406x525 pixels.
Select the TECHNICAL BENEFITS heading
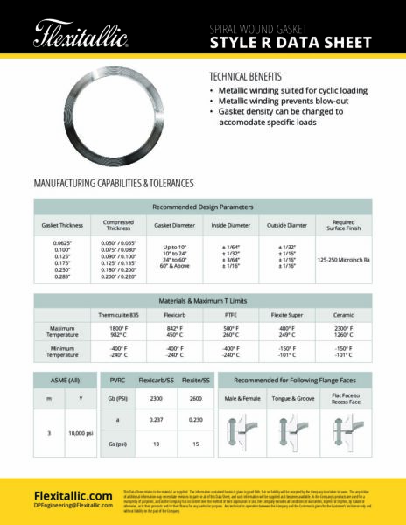pyautogui.click(x=251, y=76)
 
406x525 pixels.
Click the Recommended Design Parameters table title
pyautogui.click(x=202, y=207)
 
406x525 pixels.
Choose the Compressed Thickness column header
pyautogui.click(x=118, y=225)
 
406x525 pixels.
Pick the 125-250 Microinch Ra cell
pyautogui.click(x=344, y=259)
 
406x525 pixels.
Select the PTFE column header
pyautogui.click(x=231, y=312)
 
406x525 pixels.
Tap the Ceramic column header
pyautogui.click(x=343, y=312)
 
